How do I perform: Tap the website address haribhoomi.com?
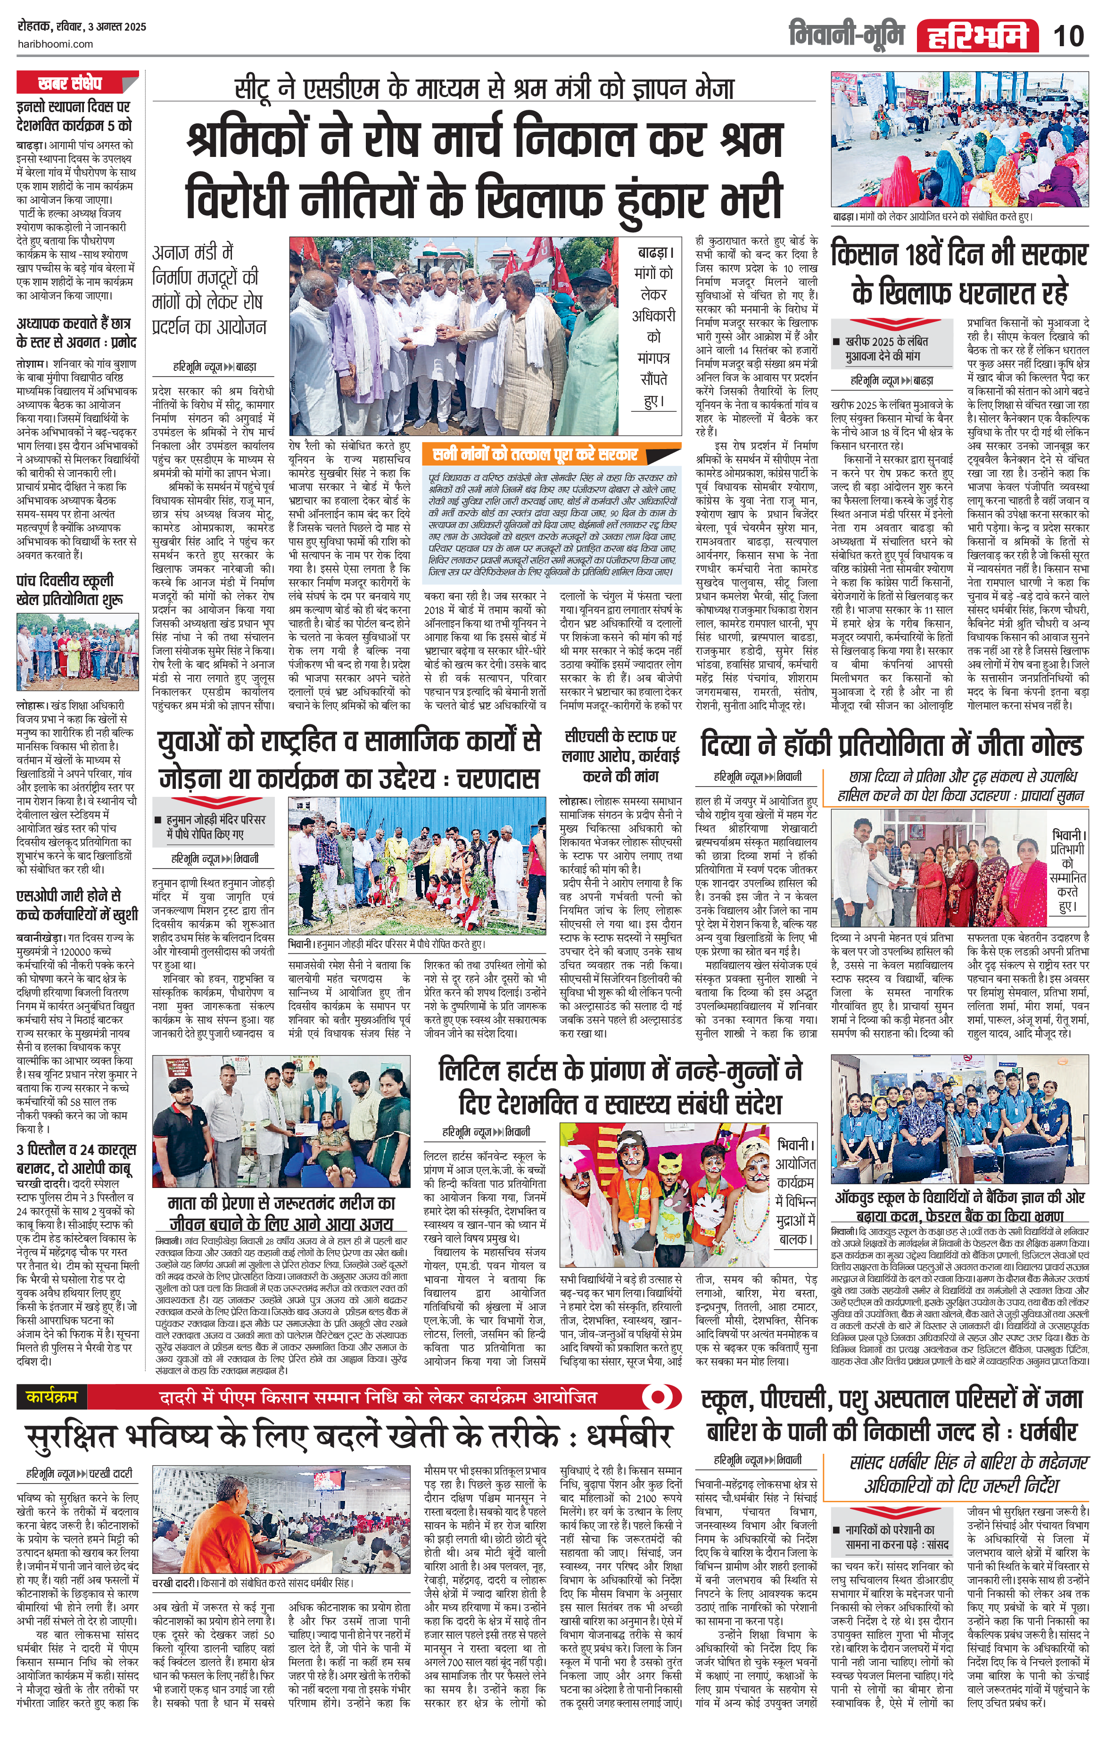pyautogui.click(x=55, y=44)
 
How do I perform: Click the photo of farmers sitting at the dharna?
pyautogui.click(x=960, y=140)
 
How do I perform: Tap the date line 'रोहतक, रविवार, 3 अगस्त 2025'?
pyautogui.click(x=82, y=27)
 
